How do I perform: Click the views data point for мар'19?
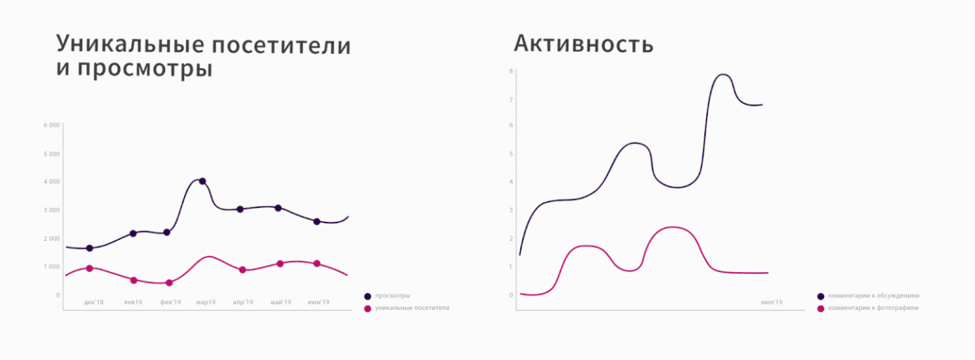202,181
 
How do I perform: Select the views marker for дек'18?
89,248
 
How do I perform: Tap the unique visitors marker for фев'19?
170,283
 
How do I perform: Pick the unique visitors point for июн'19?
317,263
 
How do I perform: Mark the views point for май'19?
278,208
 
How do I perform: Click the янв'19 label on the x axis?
133,302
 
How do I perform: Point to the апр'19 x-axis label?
242,302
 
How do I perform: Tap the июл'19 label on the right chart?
772,302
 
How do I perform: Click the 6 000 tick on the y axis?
51,125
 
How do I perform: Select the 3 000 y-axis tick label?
51,210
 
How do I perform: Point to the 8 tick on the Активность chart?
512,71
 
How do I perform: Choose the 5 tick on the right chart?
512,154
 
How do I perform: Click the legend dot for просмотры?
367,296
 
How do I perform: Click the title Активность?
584,44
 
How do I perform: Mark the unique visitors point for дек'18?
89,268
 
